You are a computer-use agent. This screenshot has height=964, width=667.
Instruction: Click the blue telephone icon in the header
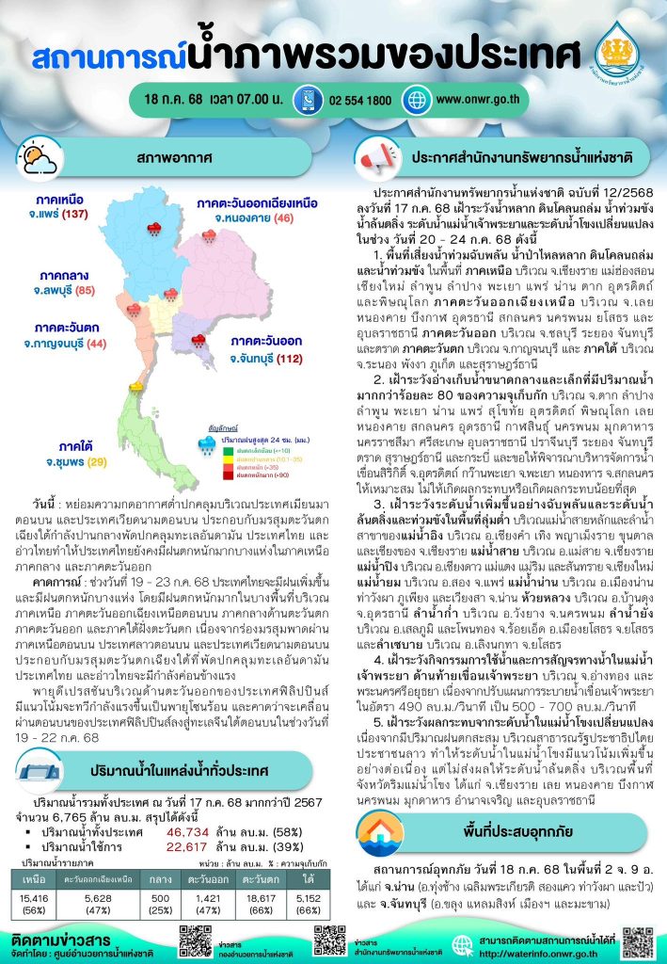click(x=307, y=100)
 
